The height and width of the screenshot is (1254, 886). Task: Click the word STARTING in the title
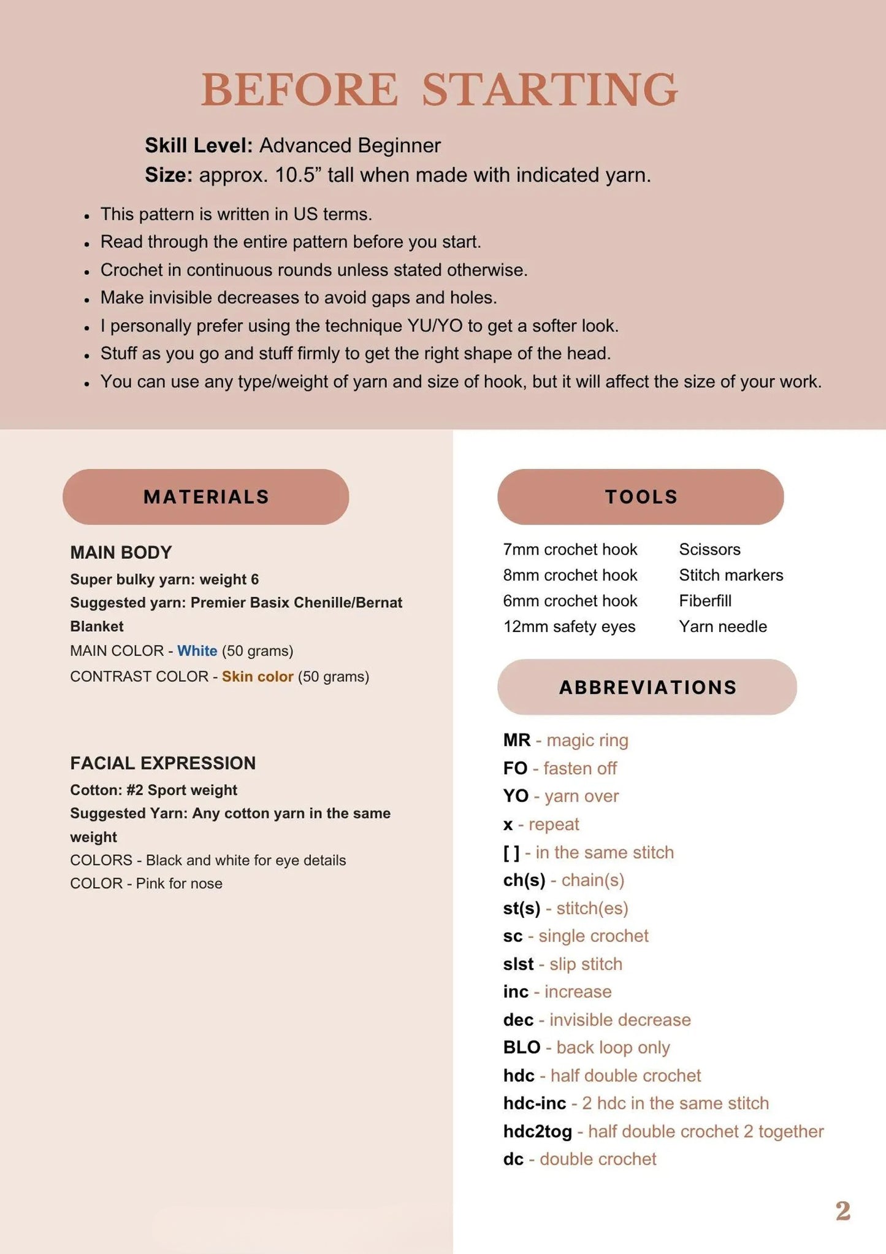pos(549,90)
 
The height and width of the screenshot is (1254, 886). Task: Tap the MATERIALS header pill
pos(206,497)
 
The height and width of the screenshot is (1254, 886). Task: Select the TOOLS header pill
pos(641,497)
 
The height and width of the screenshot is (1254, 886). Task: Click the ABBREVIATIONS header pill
pos(647,687)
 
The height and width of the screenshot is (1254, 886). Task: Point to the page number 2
pos(843,1211)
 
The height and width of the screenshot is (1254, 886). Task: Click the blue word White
pos(197,651)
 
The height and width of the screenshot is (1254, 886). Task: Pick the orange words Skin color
pos(258,677)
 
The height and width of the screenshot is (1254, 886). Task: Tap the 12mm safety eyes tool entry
pos(569,626)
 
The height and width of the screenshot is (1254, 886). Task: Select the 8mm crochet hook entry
pos(570,575)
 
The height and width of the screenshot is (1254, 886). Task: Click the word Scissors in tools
pos(709,549)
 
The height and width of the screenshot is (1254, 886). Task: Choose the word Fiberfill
pos(705,601)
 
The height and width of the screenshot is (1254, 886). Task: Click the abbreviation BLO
pos(522,1047)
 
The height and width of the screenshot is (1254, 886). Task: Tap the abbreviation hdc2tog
pos(537,1131)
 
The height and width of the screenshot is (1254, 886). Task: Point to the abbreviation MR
pos(517,740)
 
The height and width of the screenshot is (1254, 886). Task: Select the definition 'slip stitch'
pos(586,964)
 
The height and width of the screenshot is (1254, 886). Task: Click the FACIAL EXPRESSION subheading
pos(162,763)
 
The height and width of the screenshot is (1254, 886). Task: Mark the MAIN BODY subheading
pos(121,553)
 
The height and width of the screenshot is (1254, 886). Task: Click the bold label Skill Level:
pos(199,145)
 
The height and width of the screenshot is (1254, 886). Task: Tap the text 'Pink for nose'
pos(179,883)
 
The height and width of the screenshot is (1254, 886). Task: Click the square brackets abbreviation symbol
pos(511,852)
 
